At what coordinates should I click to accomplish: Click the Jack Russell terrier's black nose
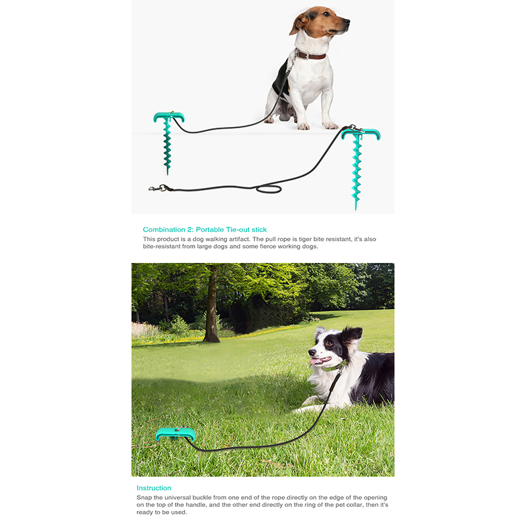coord(347,22)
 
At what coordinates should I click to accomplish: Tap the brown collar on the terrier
coord(311,56)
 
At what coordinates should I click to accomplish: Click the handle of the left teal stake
coord(169,116)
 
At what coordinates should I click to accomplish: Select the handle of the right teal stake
coord(361,133)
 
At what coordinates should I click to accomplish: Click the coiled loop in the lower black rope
coord(269,189)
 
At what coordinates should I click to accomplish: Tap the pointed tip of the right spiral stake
coord(356,209)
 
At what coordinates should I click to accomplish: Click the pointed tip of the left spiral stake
coord(168,174)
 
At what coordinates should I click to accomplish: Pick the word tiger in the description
coord(304,239)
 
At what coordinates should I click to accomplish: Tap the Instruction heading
coord(154,488)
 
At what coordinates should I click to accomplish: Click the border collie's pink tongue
coord(316,361)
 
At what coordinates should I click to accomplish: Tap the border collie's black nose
coord(311,352)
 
